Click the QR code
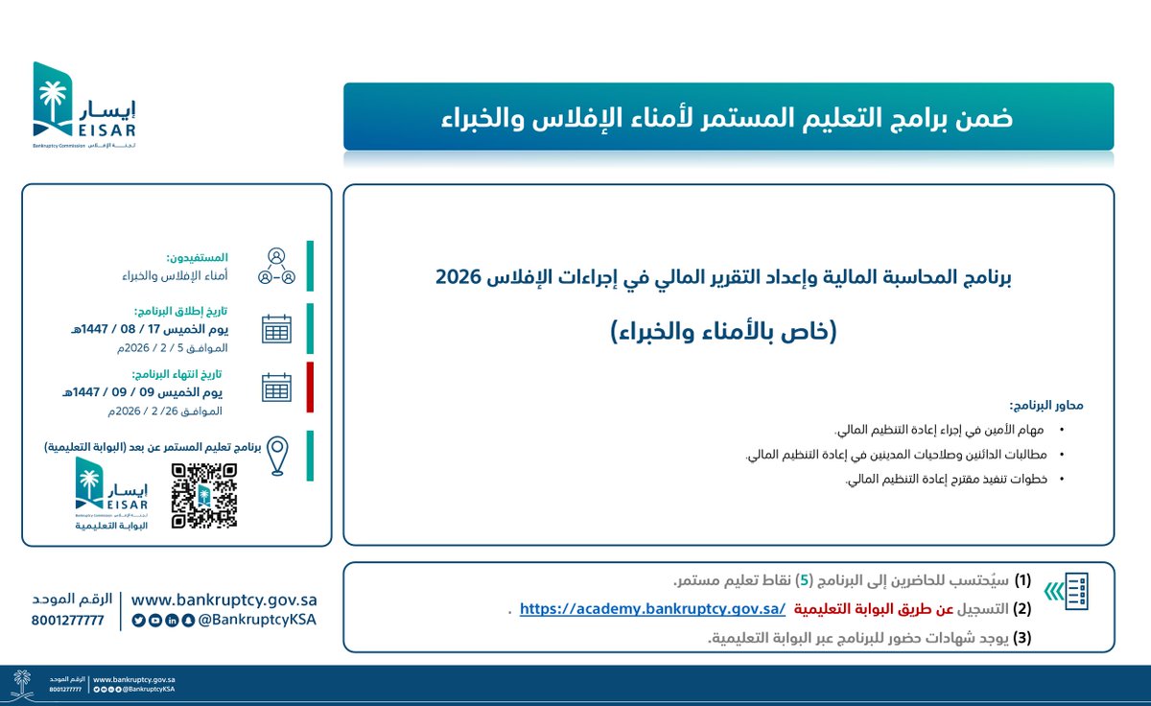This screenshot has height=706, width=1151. pos(203,495)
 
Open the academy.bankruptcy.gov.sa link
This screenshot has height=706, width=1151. pos(652,608)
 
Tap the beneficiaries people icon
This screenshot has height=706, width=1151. pos(276,267)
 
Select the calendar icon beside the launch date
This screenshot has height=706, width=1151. pos(276,329)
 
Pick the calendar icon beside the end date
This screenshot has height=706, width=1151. pos(276,388)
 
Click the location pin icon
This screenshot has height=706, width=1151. pos(277,457)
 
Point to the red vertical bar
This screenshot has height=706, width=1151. pos(310,387)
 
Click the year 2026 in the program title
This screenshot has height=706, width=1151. pos(459,278)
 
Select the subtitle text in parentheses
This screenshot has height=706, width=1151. pos(724,331)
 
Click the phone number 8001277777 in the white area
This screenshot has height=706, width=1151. pos(67,620)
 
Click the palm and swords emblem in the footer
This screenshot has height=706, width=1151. pos(21,685)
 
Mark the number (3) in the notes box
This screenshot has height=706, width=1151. pos(1022,636)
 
